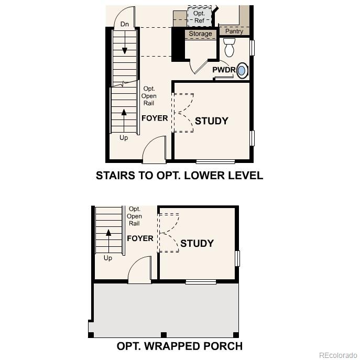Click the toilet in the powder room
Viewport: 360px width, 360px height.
tap(229, 48)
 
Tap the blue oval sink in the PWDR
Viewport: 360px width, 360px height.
tap(242, 71)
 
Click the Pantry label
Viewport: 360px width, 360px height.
tap(234, 31)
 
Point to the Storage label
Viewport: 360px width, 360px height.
tap(200, 34)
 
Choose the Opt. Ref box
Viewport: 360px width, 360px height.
tap(199, 17)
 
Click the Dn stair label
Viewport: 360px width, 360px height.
tap(124, 24)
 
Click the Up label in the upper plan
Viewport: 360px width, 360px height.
tap(124, 138)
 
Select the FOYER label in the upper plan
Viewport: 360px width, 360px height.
tap(155, 118)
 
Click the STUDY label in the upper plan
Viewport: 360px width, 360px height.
tap(212, 121)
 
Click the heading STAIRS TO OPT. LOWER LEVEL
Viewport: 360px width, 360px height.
tap(179, 176)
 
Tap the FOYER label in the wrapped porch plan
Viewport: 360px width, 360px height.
tap(140, 238)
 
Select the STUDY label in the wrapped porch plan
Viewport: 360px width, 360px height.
tap(197, 243)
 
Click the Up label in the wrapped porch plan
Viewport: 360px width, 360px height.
tap(107, 258)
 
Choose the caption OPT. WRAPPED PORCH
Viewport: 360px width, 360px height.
tap(179, 346)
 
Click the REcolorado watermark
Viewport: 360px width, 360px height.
tap(337, 355)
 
